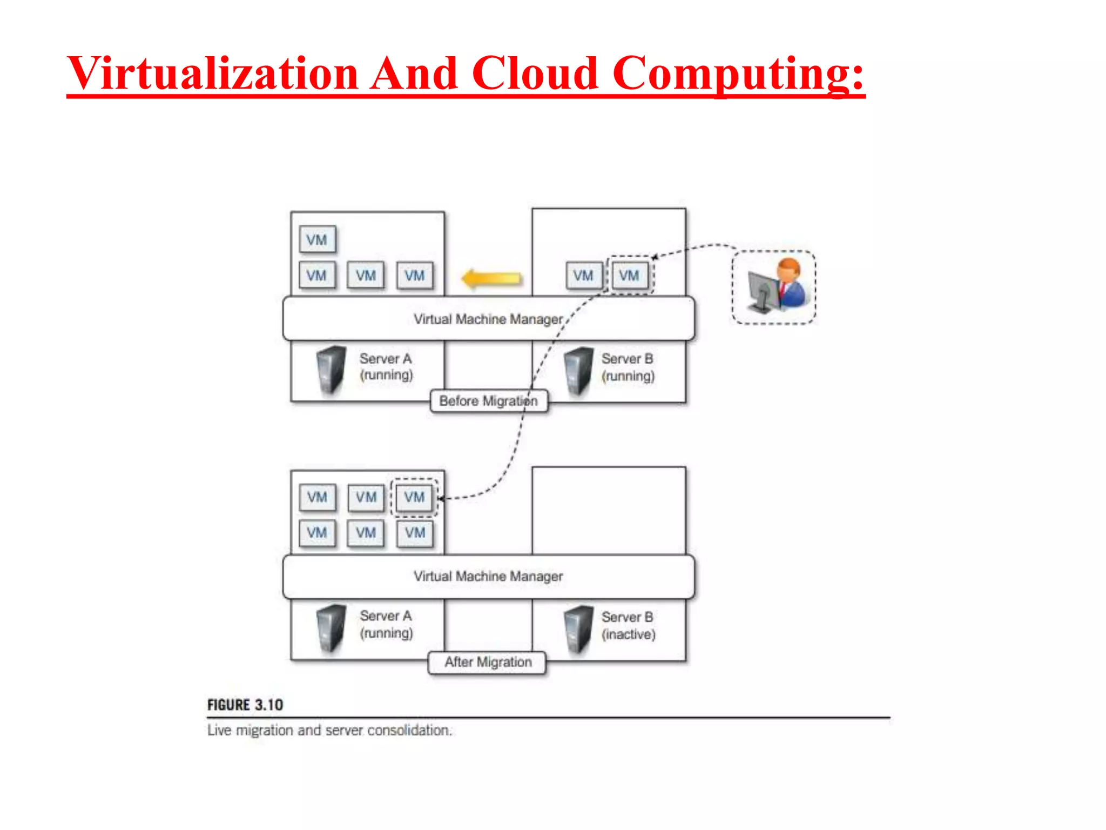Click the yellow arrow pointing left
point(491,278)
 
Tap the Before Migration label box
point(489,401)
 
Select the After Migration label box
point(488,662)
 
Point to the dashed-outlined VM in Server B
point(630,276)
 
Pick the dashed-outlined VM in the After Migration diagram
point(414,497)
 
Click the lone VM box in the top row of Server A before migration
point(317,240)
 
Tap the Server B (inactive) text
point(628,626)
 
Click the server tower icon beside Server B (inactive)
point(578,629)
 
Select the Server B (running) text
point(628,367)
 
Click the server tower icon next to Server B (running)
point(578,371)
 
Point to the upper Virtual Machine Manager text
point(488,319)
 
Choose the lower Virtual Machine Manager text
point(488,577)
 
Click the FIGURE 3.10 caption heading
point(245,705)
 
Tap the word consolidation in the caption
point(409,731)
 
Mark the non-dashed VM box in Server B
point(583,276)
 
